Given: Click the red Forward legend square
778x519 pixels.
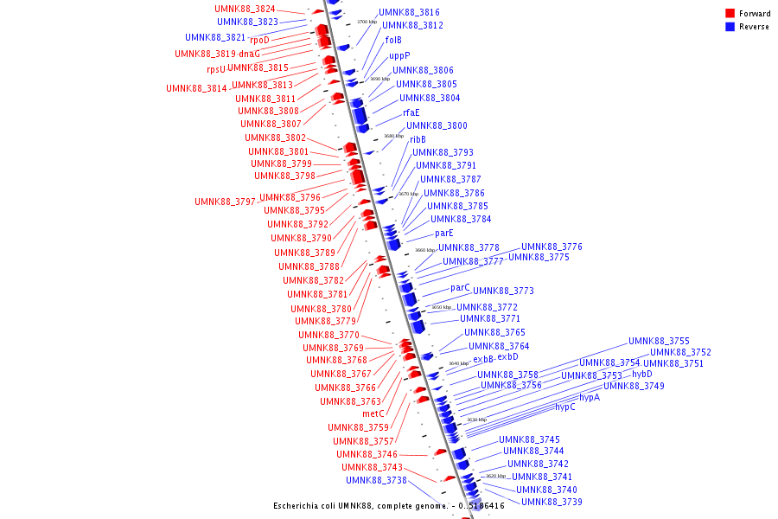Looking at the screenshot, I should click(x=730, y=13).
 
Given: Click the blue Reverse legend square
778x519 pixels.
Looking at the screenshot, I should click(x=730, y=26).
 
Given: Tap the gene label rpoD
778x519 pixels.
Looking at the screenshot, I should click(x=259, y=40).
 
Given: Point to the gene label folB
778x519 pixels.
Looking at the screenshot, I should click(x=393, y=40).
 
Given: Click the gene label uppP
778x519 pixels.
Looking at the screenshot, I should click(x=399, y=56).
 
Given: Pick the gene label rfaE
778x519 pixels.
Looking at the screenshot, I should click(x=411, y=112).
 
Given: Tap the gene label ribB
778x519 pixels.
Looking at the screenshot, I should click(x=418, y=139).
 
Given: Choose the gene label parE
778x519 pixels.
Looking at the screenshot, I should click(x=444, y=233).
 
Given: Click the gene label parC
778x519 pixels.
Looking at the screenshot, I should click(x=460, y=288).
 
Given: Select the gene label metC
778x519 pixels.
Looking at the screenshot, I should click(x=373, y=413).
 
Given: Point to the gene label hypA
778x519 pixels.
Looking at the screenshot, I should click(x=590, y=398).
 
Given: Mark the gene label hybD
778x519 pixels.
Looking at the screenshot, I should click(x=642, y=375).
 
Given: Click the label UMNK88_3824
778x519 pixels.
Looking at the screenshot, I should click(x=245, y=9).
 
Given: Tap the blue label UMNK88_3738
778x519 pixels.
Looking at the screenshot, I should click(x=376, y=481).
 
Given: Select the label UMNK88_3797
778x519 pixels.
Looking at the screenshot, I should click(x=225, y=202).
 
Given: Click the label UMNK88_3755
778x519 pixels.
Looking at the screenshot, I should click(x=659, y=342).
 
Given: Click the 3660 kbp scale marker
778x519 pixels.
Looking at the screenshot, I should click(x=425, y=251).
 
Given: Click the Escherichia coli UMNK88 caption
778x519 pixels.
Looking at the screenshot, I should click(x=389, y=506).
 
